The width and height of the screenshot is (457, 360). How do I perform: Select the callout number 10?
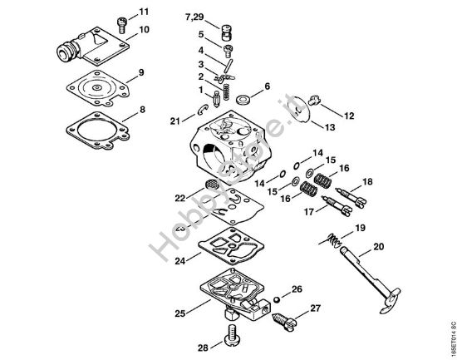[145, 29]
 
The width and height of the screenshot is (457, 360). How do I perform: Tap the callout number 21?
[174, 121]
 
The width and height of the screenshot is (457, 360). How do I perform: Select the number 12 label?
[349, 115]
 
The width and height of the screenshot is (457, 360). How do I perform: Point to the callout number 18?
[367, 181]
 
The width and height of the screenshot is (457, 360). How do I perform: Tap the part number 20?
[379, 246]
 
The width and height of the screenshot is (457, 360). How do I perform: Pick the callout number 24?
[179, 259]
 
